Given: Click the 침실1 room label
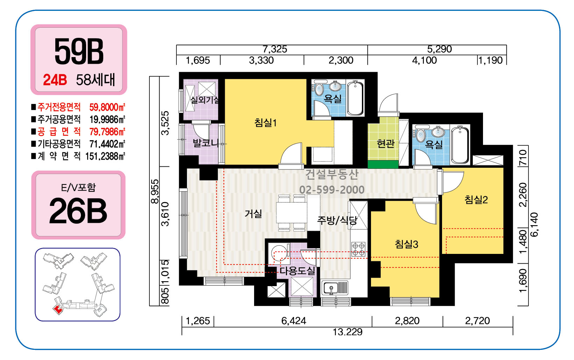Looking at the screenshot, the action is [265, 123].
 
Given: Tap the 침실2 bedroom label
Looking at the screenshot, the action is [476, 200].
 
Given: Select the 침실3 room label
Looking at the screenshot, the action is [407, 244].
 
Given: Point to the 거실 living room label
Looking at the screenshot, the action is [253, 213].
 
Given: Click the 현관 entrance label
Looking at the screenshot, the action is [386, 144].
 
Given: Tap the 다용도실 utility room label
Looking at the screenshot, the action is [297, 271].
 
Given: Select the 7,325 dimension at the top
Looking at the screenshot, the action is [275, 49].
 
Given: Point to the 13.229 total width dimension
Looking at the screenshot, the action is [348, 332].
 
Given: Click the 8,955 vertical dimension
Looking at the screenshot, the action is [155, 191].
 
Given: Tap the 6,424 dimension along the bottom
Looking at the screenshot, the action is [294, 321].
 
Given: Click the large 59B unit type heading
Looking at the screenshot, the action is [79, 51].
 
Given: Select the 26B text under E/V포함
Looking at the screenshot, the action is [78, 211].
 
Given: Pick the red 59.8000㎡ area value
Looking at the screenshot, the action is [107, 107].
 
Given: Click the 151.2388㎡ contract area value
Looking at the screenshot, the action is [105, 156].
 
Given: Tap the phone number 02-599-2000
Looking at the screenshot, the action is [332, 190].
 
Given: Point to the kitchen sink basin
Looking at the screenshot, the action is [331, 288].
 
